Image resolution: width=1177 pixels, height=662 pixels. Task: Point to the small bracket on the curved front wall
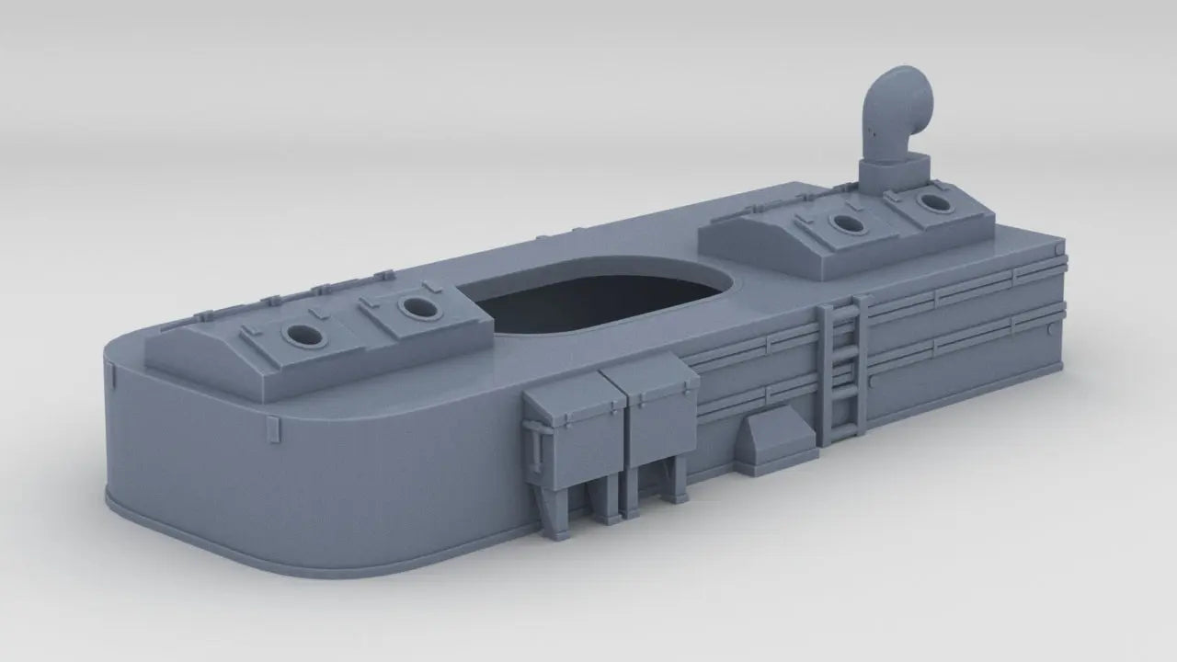(272, 429)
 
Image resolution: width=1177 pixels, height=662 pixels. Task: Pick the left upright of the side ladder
(827, 377)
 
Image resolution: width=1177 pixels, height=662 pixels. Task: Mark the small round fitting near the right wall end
(1050, 326)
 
